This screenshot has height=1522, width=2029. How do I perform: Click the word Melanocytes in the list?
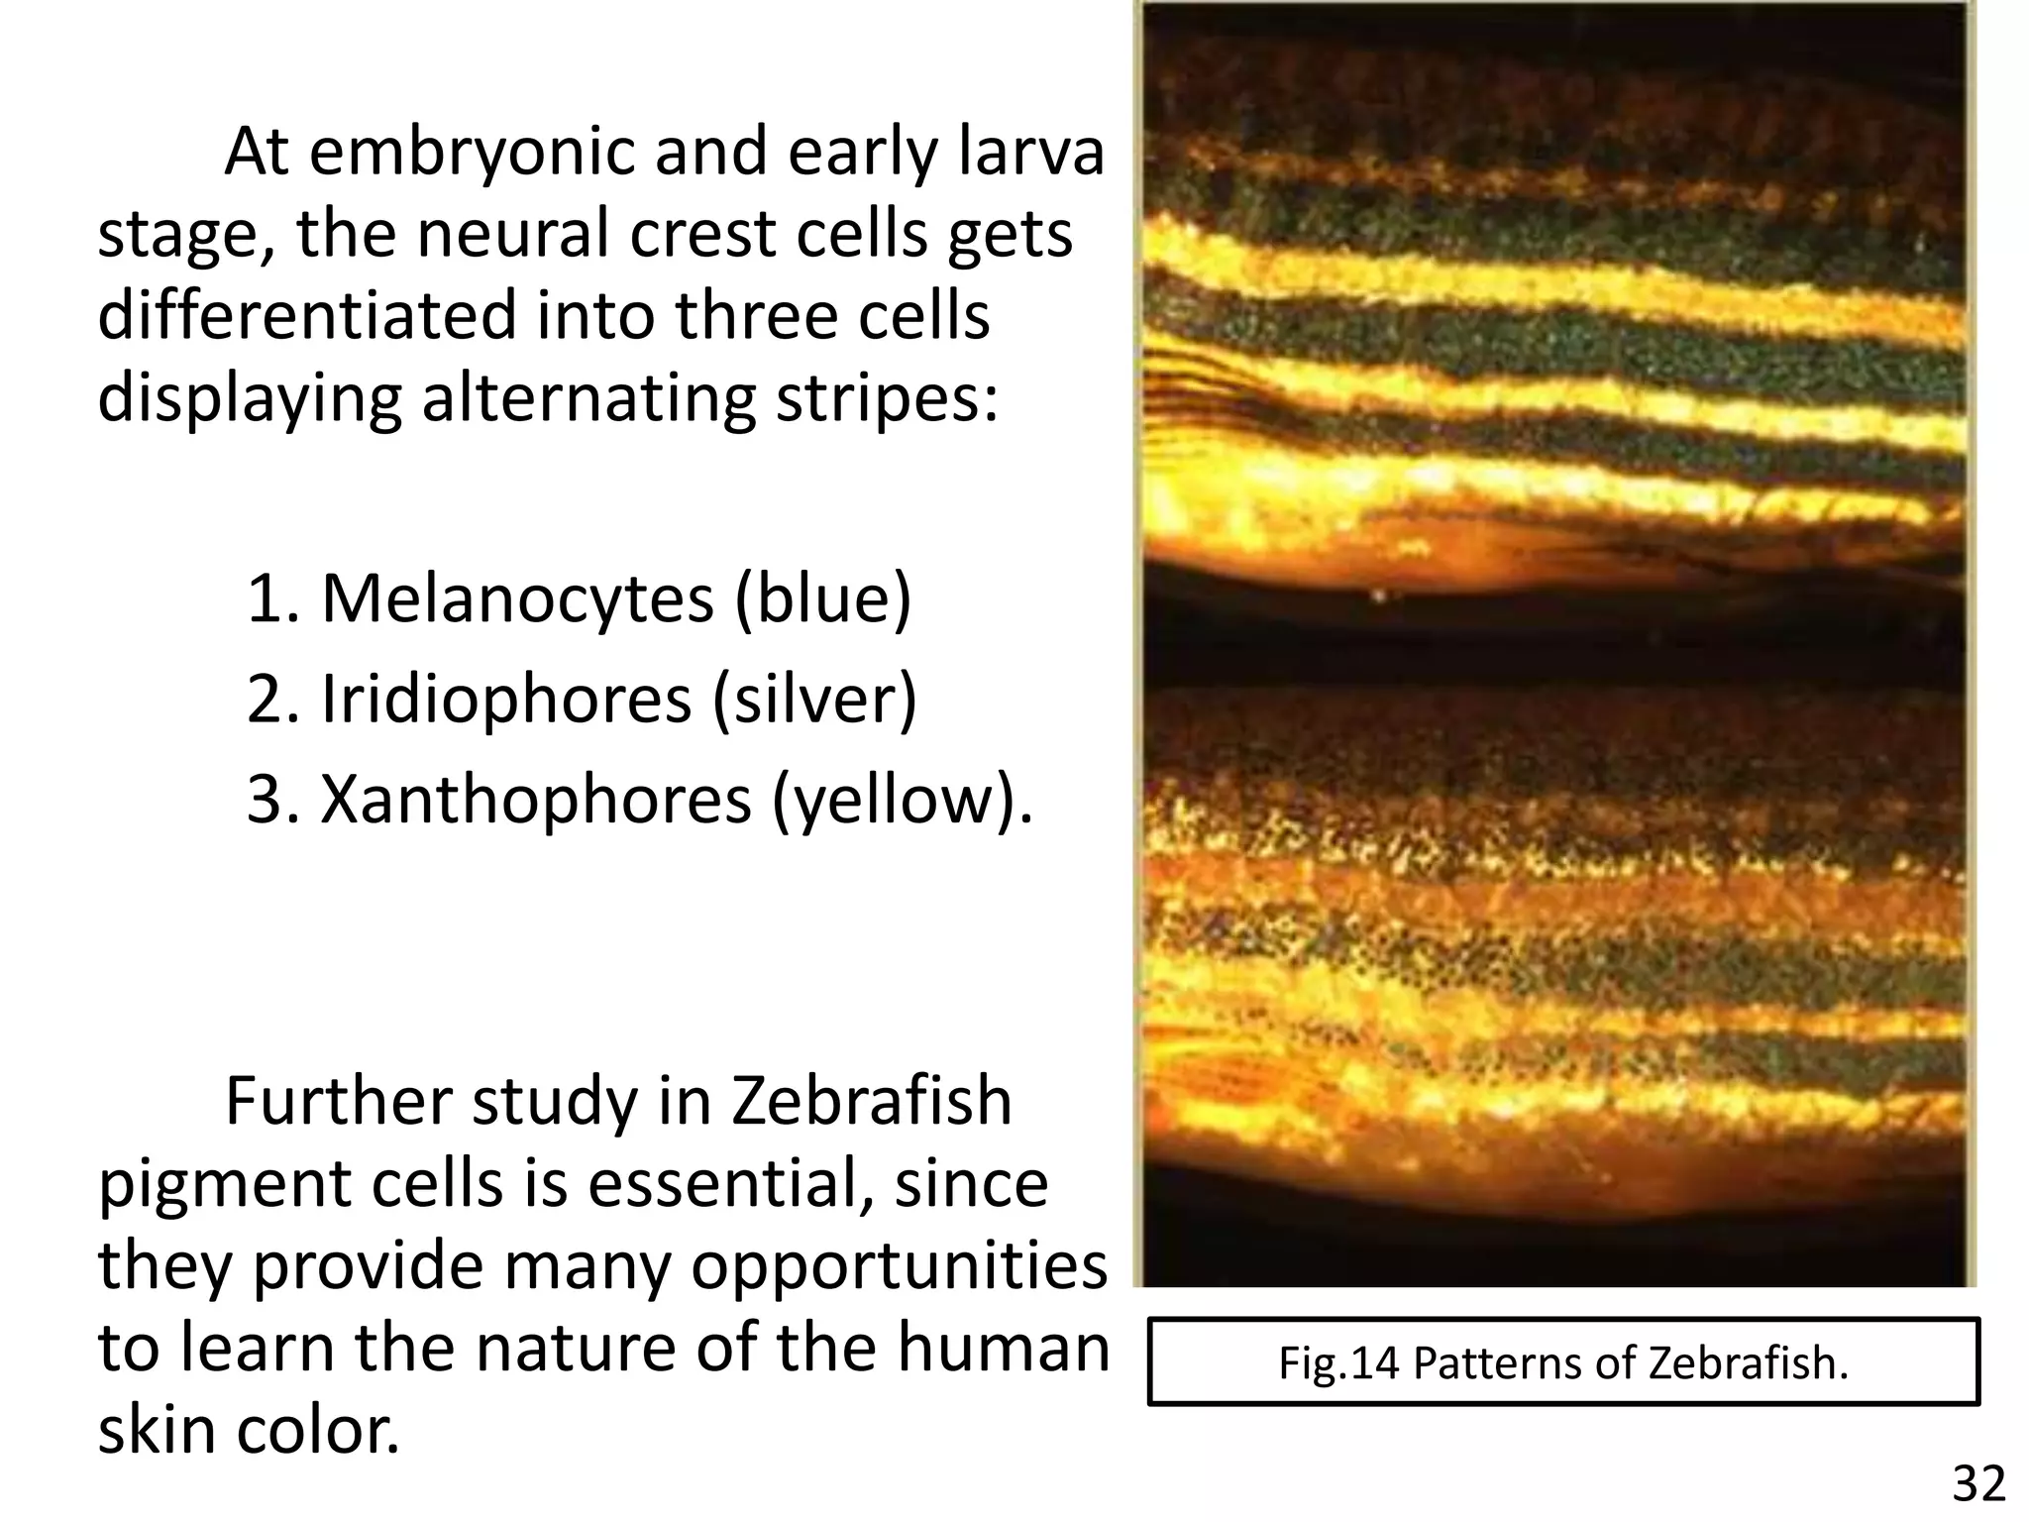click(517, 598)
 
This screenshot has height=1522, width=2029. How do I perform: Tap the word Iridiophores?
click(505, 700)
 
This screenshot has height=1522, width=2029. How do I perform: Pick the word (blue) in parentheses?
click(822, 598)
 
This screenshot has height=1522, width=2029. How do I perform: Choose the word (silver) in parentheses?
click(814, 700)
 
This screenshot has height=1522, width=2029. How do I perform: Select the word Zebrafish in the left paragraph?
click(872, 1102)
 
